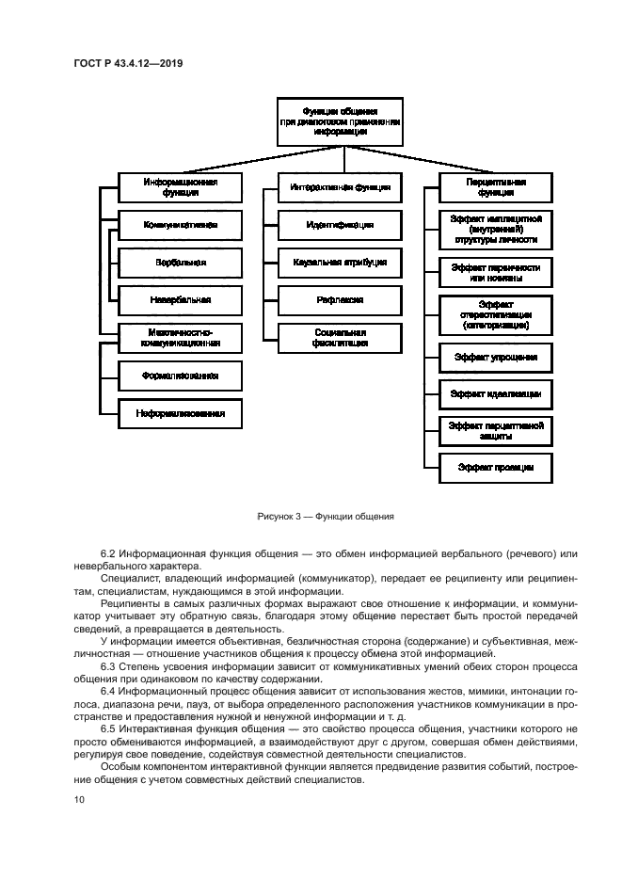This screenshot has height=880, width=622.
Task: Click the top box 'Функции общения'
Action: (340, 121)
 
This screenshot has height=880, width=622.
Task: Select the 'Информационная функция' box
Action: (180, 186)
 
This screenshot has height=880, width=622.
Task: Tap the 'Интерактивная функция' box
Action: (340, 187)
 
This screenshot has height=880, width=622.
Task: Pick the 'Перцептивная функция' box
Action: (495, 186)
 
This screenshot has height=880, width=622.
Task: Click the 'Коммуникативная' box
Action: (180, 225)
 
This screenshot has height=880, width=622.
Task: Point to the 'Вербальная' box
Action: (180, 262)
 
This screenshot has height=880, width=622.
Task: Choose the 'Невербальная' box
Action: (180, 299)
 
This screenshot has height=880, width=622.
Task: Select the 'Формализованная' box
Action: (180, 375)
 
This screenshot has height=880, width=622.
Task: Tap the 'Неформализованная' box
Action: (180, 412)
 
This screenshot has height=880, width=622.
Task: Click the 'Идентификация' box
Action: (340, 225)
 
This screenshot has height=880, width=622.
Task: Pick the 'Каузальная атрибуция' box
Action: (340, 262)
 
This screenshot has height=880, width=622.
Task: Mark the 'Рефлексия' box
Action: (340, 299)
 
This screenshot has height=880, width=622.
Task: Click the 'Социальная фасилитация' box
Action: (340, 338)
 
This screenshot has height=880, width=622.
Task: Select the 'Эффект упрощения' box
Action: (495, 358)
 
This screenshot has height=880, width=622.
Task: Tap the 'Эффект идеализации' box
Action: (495, 393)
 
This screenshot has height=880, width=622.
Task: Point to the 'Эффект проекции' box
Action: (495, 467)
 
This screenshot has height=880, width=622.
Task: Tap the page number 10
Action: (79, 799)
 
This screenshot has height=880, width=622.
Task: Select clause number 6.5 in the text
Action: (109, 728)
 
